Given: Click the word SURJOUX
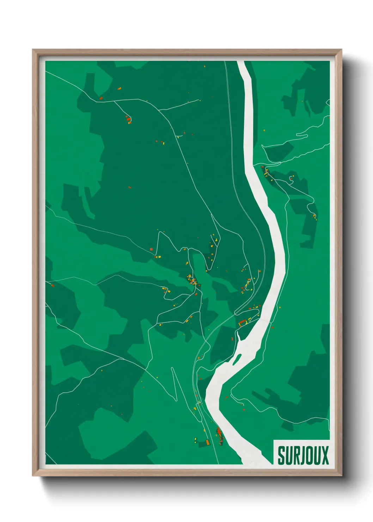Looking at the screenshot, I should click(x=303, y=455).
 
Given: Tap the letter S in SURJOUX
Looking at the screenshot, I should click(x=281, y=455).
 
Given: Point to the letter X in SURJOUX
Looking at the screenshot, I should click(x=325, y=455).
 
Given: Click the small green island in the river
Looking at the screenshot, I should click(x=236, y=360).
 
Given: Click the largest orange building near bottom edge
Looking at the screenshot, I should click(x=207, y=442).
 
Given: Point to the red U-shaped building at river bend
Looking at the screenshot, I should click(x=242, y=322).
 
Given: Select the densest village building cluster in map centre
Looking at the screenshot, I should click(x=193, y=281).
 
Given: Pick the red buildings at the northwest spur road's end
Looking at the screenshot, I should click(x=128, y=120).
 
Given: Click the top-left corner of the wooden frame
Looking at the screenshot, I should click(x=33, y=50).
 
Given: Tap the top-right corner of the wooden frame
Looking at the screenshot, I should click(x=342, y=50).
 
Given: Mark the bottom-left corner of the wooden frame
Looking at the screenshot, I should click(x=33, y=476).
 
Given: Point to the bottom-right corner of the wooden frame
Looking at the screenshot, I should click(x=342, y=476).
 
